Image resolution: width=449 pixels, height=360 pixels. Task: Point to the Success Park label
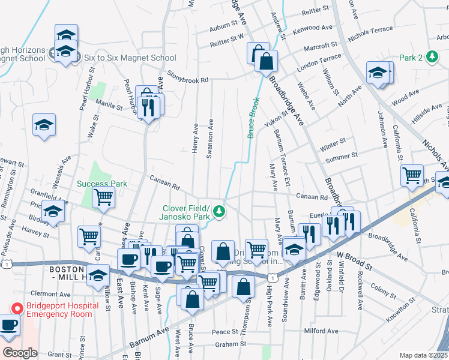[101, 184]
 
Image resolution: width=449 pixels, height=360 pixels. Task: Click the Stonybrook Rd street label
[187, 79]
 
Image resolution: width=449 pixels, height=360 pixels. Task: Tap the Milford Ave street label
[321, 331]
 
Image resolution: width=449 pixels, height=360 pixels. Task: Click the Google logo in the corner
[20, 353]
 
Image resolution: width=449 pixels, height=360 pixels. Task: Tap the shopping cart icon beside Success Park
[104, 197]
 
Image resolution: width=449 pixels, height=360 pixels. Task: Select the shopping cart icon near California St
[412, 176]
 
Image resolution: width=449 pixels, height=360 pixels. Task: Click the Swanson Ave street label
[210, 142]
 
